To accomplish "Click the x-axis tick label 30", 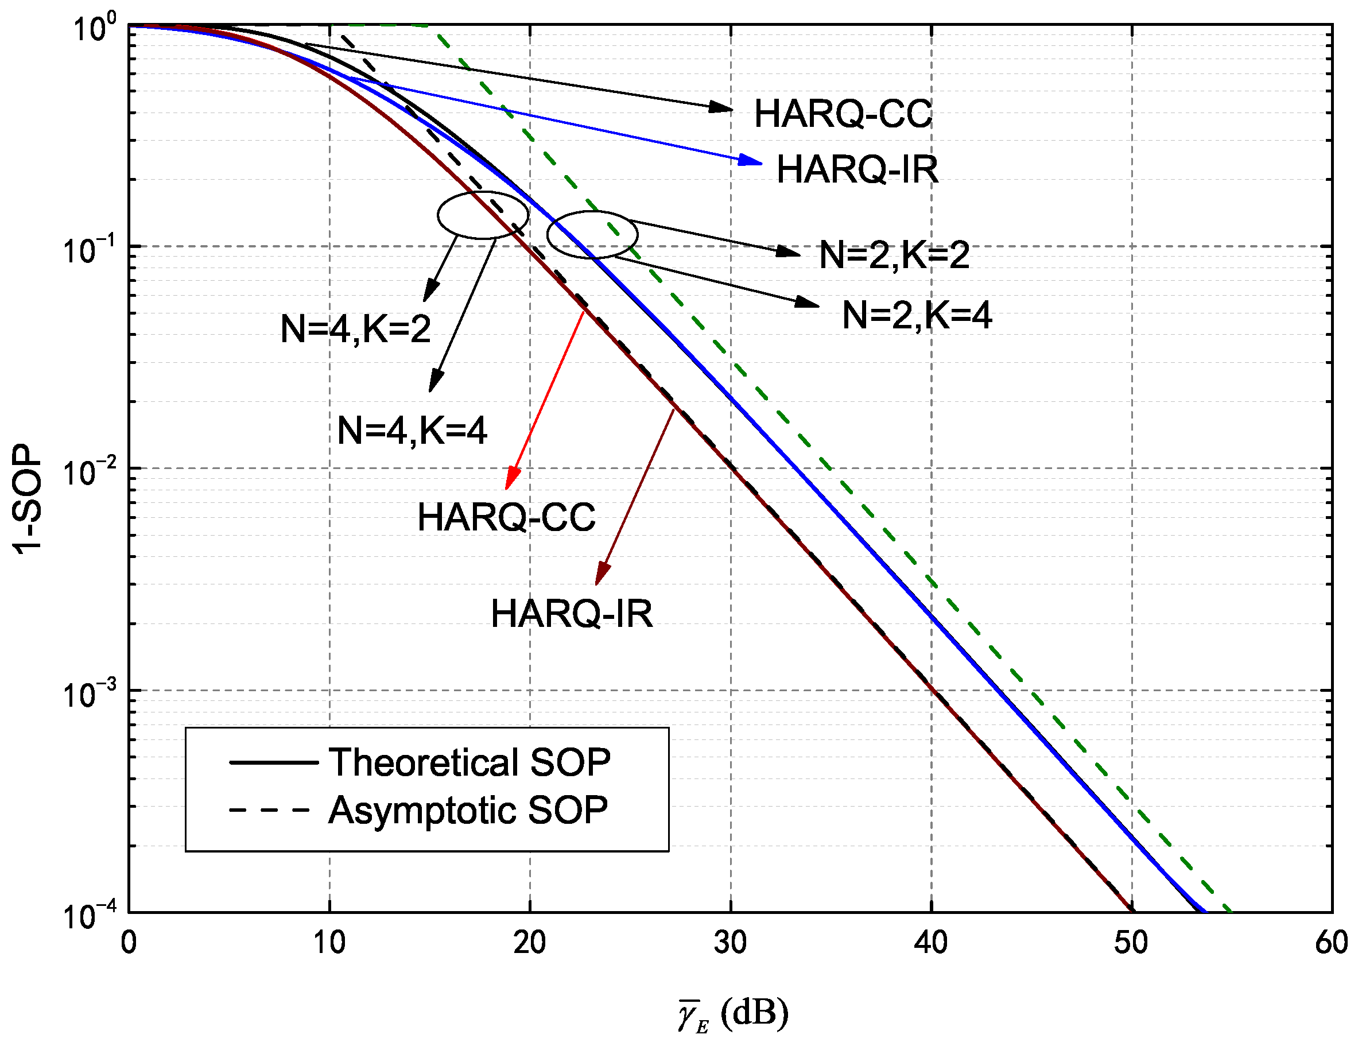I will pyautogui.click(x=730, y=943).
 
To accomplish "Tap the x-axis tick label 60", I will pyautogui.click(x=1332, y=943).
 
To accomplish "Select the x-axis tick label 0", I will pyautogui.click(x=129, y=943).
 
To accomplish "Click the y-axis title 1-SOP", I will pyautogui.click(x=28, y=499).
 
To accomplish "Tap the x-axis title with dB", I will pyautogui.click(x=734, y=1014).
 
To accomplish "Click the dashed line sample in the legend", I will pyautogui.click(x=270, y=810).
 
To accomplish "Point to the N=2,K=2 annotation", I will pyautogui.click(x=894, y=255).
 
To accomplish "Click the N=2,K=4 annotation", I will pyautogui.click(x=916, y=315).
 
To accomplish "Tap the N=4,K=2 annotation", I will pyautogui.click(x=355, y=328).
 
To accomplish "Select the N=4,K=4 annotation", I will pyautogui.click(x=412, y=430).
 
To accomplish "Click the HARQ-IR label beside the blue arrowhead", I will pyautogui.click(x=857, y=169).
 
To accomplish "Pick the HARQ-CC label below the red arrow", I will pyautogui.click(x=506, y=517).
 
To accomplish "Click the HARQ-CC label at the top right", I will pyautogui.click(x=843, y=114).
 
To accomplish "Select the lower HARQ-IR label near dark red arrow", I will pyautogui.click(x=572, y=614).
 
